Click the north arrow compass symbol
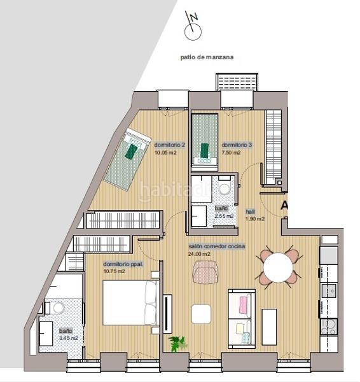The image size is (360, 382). coord(192,28)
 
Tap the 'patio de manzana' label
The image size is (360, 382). coord(207,57)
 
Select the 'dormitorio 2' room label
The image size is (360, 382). coord(170,145)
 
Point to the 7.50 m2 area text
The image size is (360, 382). coord(232,153)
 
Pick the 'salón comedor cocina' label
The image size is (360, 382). coord(217,246)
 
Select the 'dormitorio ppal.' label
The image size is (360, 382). coord(123,264)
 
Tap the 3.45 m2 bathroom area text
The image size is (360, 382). coord(68,338)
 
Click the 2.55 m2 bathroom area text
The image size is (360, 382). coord(224,216)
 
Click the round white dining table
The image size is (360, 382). coord(279,267)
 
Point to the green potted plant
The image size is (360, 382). coord(177,344)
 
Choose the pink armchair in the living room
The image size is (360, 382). coord(205,272)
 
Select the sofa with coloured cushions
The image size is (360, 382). coord(242,318)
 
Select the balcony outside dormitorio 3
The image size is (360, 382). coord(237,82)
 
